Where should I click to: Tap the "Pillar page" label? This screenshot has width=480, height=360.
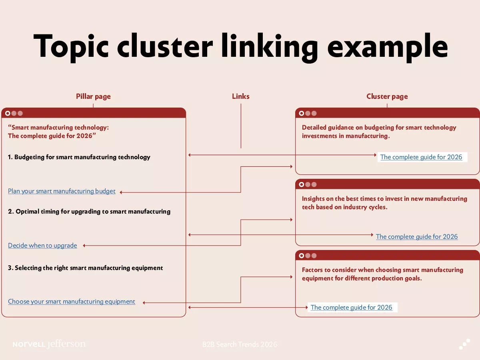(93, 96)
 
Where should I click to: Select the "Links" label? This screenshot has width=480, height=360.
(241, 96)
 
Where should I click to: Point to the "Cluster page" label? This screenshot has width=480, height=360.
(387, 96)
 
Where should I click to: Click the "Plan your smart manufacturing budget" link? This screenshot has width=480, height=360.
(62, 191)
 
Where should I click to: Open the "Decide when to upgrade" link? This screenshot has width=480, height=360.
(42, 245)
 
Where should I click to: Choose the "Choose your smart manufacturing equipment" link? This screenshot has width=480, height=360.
(72, 302)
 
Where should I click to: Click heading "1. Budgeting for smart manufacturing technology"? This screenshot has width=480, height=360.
(79, 157)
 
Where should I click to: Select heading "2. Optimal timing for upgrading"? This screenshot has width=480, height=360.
(89, 212)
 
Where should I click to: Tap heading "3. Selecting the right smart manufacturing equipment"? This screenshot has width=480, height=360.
(86, 268)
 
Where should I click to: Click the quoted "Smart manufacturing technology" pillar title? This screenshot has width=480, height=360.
(58, 132)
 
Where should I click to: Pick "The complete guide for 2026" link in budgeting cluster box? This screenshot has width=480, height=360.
(421, 157)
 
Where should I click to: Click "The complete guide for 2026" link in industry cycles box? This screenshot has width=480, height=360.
(417, 237)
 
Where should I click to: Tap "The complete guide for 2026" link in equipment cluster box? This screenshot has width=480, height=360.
(351, 308)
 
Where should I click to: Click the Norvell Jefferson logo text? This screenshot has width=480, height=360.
(49, 344)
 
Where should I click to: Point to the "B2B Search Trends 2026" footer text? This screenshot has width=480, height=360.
(240, 344)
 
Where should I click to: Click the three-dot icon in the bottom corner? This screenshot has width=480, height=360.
(464, 344)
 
